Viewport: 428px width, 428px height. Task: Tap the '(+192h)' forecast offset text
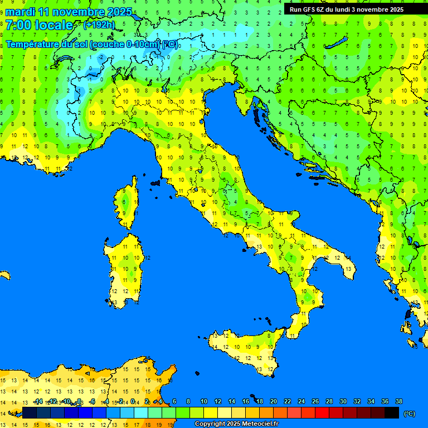(x=99, y=25)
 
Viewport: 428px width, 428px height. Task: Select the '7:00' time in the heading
(x=16, y=25)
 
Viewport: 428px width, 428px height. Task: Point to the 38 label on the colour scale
(x=398, y=401)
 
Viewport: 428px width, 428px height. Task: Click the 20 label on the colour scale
(x=273, y=401)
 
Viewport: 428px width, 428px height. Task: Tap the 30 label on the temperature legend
(x=343, y=401)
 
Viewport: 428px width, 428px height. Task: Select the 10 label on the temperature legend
(x=203, y=401)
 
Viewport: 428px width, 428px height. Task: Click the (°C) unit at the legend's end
(x=410, y=414)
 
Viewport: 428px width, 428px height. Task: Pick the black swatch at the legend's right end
(x=392, y=412)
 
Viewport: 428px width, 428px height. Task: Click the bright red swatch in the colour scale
(x=322, y=412)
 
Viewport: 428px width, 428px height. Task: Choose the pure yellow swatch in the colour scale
(x=211, y=412)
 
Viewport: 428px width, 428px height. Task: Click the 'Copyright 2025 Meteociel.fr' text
(x=236, y=424)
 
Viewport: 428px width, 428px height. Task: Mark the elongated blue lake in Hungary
(x=338, y=43)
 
